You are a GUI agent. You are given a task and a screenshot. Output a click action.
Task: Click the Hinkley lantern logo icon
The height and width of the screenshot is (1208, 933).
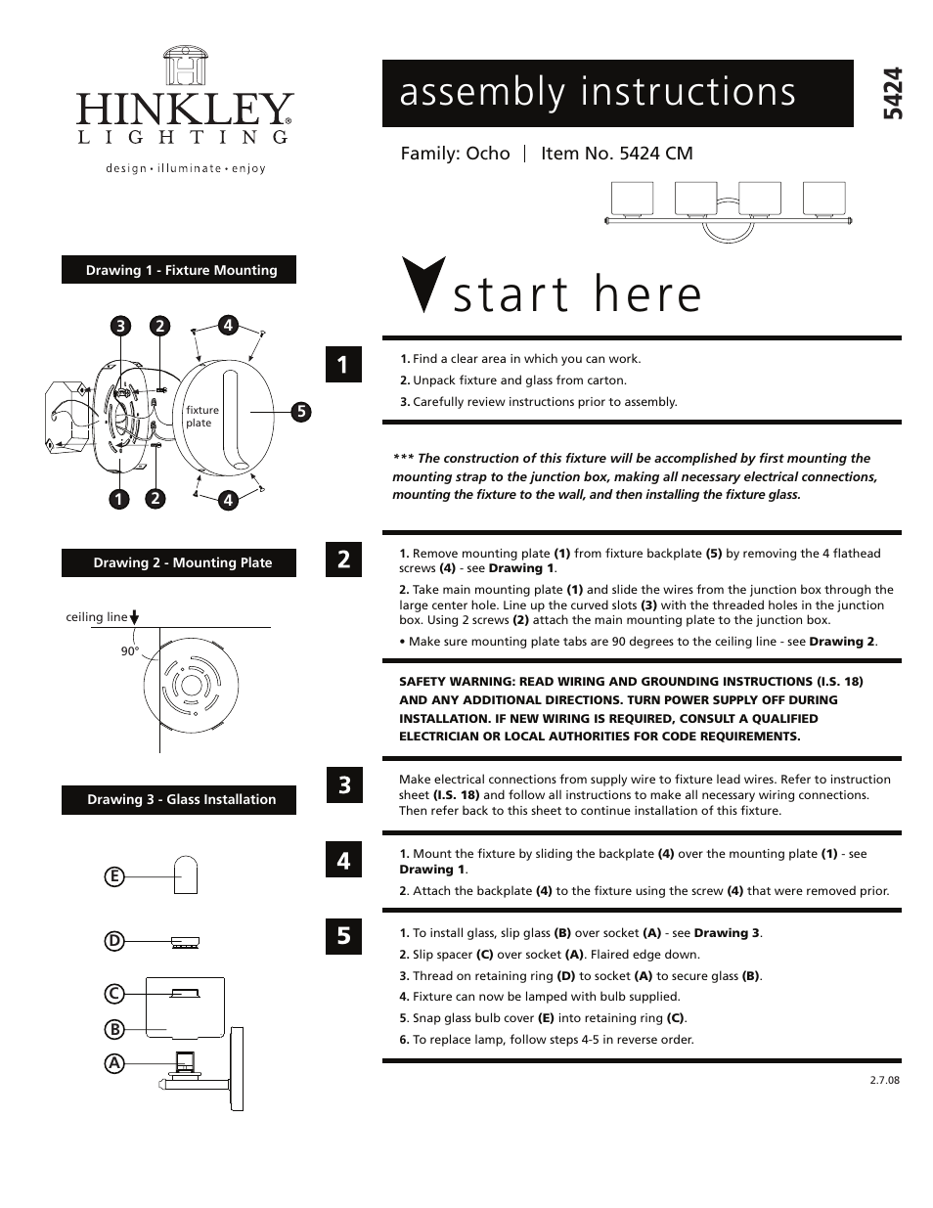185,68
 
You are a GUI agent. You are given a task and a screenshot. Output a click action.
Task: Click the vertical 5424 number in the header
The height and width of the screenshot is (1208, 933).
891,94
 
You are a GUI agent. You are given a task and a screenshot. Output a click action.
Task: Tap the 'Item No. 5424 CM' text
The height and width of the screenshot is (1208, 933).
616,154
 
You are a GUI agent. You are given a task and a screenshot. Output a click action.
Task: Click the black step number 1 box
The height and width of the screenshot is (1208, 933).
343,365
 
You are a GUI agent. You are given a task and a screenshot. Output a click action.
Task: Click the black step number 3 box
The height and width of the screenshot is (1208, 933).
343,784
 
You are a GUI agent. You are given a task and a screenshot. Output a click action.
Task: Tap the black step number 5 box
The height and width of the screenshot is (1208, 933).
343,935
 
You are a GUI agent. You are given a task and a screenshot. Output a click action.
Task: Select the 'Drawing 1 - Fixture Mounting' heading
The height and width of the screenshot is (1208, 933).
180,270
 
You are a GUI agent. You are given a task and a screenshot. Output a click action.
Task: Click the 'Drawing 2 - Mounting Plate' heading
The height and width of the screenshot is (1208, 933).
180,562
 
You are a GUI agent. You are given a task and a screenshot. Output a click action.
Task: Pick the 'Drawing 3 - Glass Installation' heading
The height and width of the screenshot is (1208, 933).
180,799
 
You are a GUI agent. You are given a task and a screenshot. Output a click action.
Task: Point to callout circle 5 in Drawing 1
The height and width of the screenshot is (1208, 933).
301,412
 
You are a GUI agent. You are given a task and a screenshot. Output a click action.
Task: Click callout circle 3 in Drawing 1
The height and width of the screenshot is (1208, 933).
120,326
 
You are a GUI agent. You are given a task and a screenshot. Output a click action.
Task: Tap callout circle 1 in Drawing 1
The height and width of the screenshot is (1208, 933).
119,499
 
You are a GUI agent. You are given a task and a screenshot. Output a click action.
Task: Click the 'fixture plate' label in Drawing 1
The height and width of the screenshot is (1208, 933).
202,417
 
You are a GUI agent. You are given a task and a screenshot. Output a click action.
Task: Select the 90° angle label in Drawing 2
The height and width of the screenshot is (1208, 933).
130,651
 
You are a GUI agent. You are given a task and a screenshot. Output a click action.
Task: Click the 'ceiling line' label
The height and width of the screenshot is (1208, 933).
96,617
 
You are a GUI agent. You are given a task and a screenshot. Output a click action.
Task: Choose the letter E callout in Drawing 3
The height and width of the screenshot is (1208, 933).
114,876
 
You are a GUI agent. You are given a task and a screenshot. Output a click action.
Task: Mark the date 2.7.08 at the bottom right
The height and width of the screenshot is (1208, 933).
883,1080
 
